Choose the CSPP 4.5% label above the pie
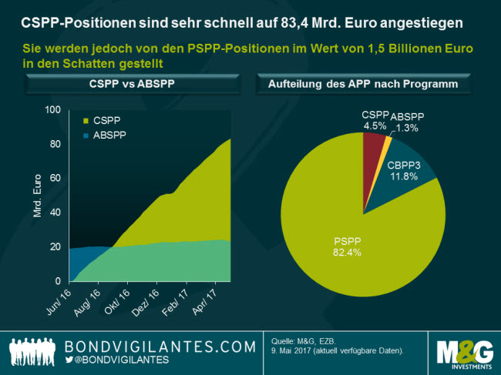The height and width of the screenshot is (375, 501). pyautogui.click(x=375, y=122)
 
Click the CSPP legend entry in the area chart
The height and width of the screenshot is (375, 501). pyautogui.click(x=102, y=121)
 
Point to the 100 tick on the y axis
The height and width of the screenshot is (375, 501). pyautogui.click(x=52, y=110)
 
